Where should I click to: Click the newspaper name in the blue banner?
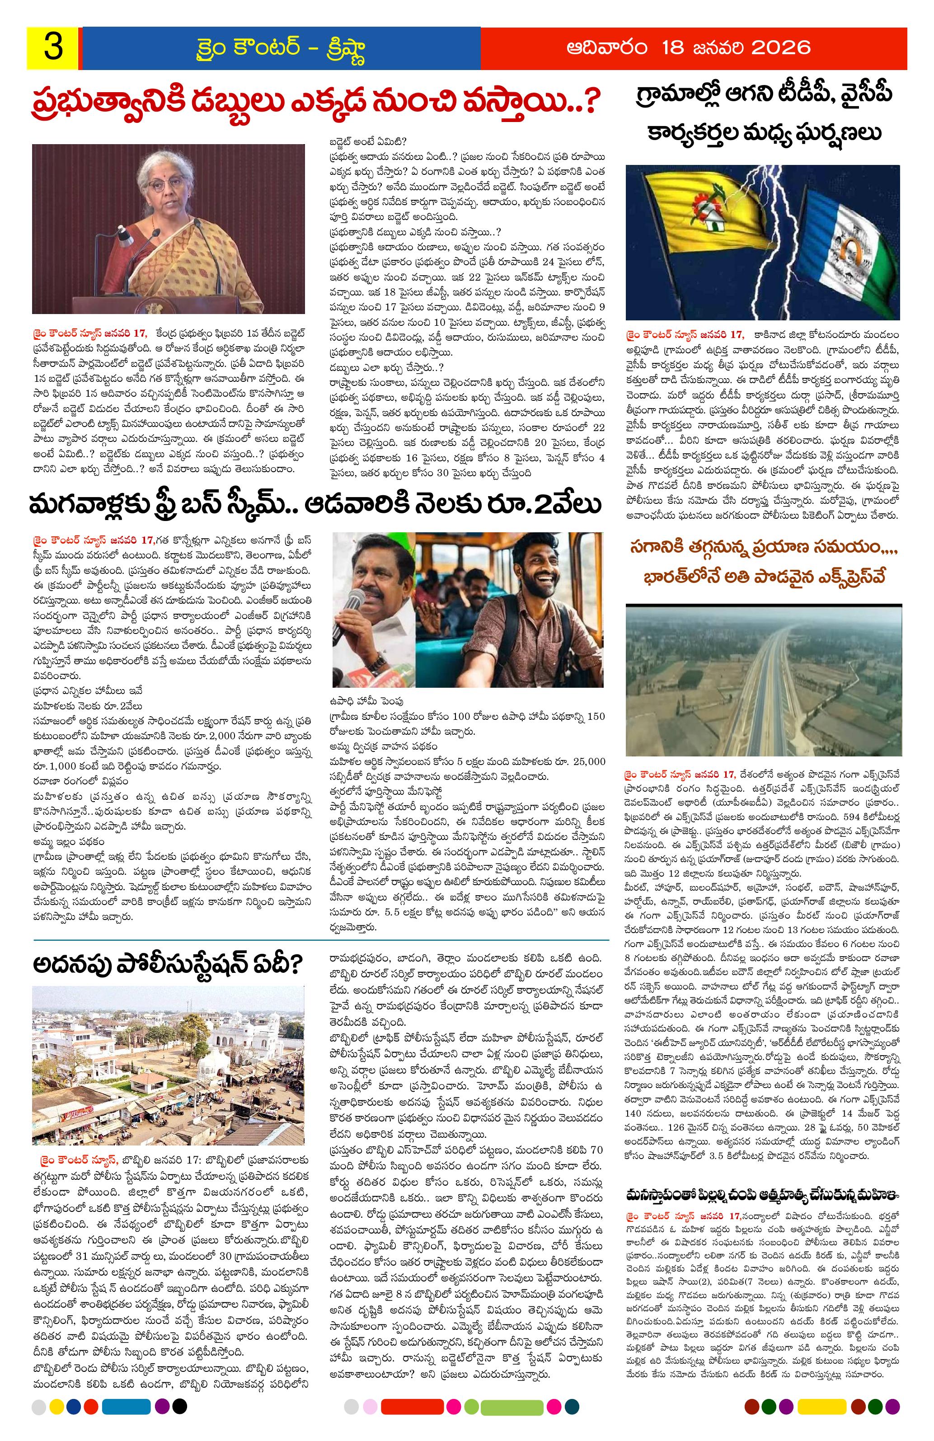click(282, 48)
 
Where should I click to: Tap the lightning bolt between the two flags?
click(766, 230)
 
